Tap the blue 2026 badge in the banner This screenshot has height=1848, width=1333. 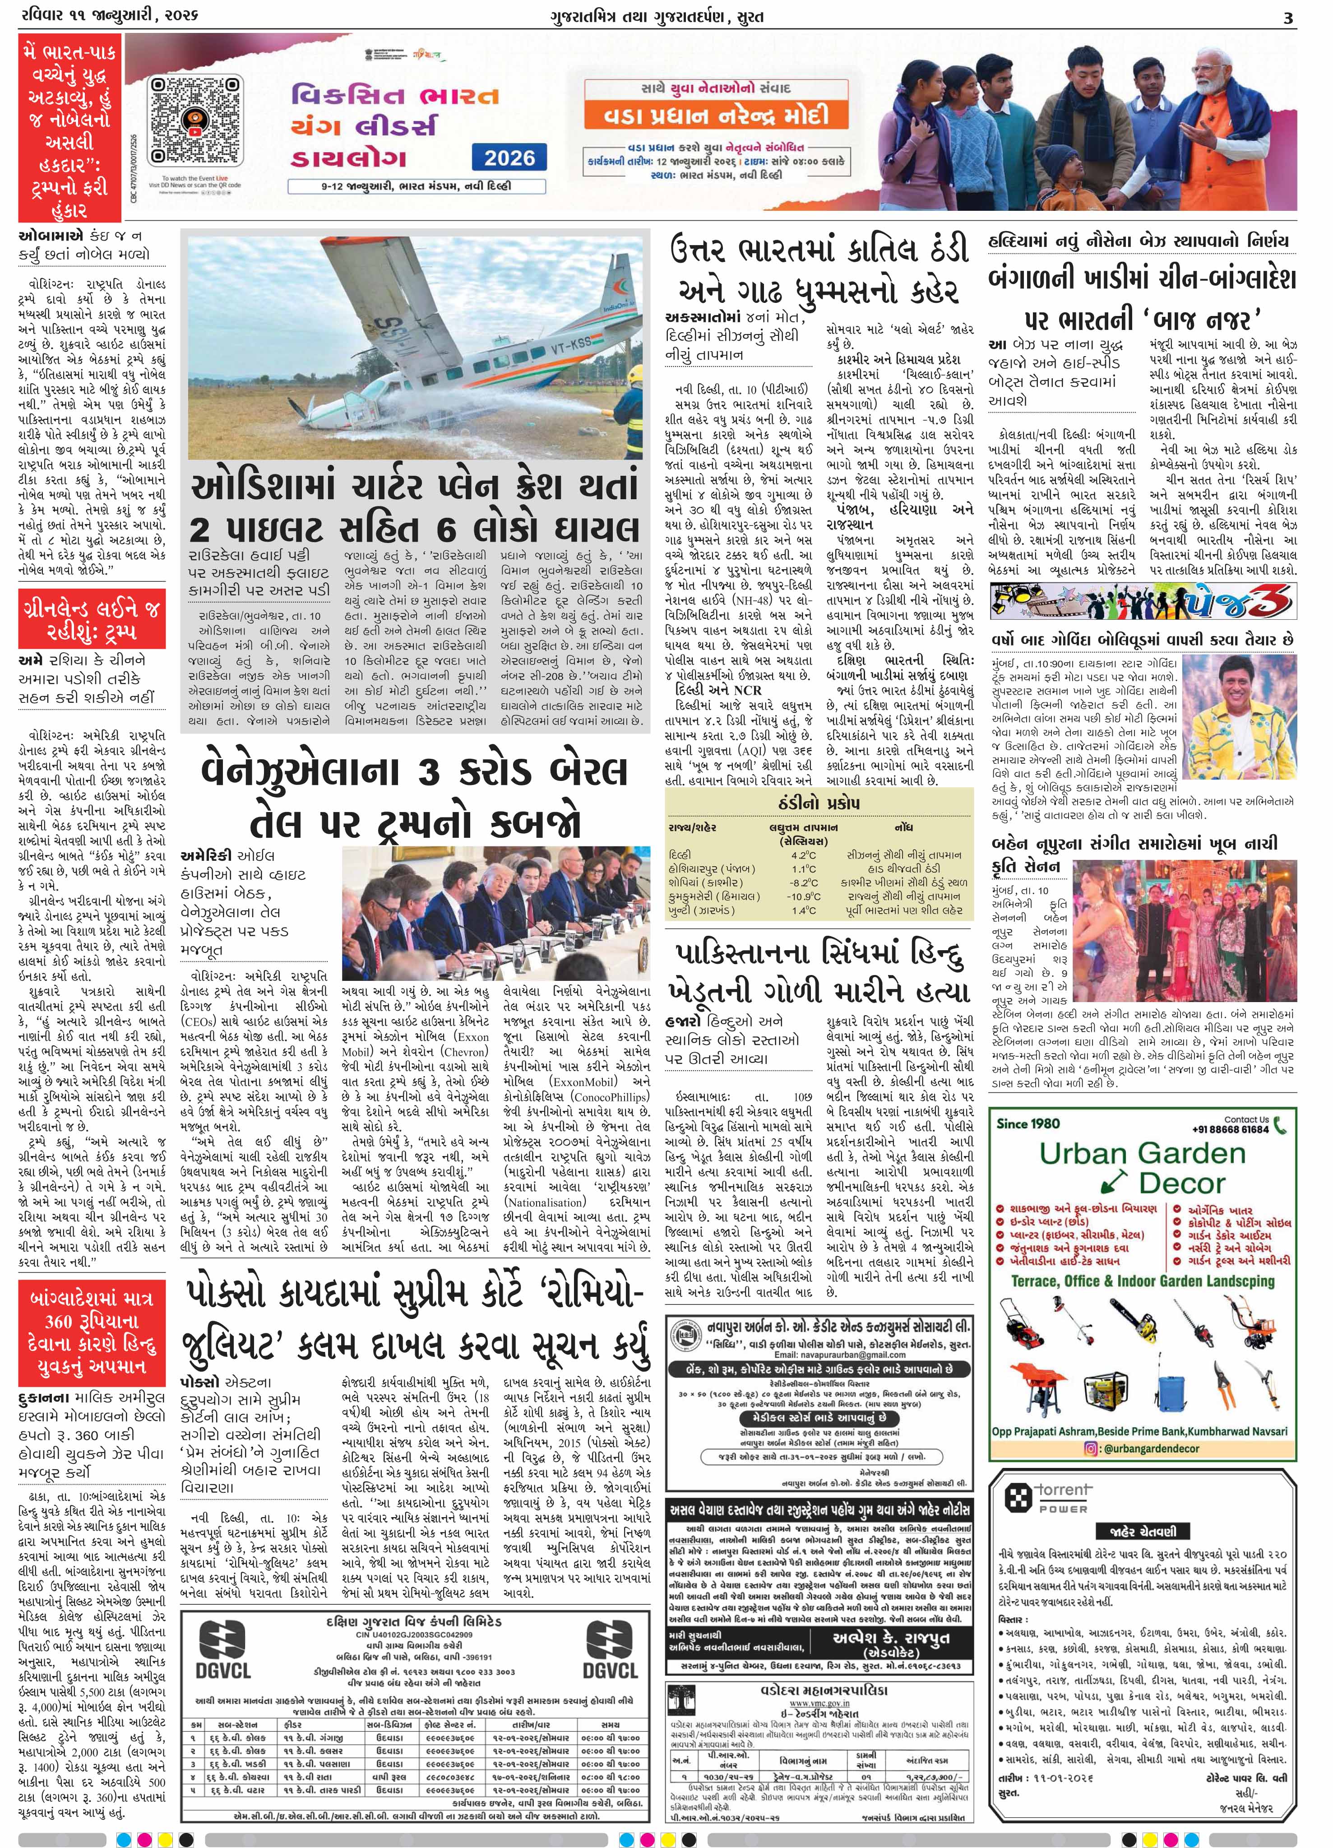[511, 158]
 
